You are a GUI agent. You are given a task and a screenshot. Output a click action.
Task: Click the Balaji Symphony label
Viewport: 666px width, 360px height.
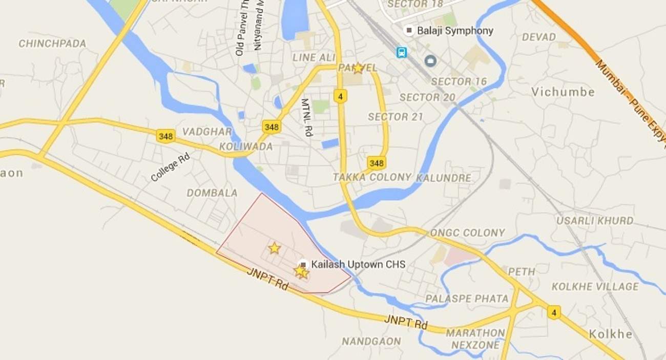tap(455, 31)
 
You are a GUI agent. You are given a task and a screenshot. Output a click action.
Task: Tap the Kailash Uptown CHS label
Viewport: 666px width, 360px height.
tap(358, 265)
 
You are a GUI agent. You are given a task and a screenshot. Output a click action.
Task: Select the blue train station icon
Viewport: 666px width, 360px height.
tap(401, 52)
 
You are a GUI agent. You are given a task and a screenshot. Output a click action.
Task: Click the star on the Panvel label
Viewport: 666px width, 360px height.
tap(358, 68)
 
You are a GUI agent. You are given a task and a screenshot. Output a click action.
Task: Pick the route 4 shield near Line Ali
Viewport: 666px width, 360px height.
tap(340, 96)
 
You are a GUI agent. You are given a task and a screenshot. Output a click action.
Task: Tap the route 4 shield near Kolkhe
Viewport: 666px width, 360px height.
tap(553, 312)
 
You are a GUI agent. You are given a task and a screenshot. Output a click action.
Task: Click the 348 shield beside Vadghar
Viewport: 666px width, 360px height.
tap(165, 136)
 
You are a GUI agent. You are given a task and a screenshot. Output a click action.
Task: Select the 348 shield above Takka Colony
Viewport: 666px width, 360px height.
tap(376, 163)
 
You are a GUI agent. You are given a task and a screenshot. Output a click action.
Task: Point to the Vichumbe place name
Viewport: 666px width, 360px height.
tap(563, 92)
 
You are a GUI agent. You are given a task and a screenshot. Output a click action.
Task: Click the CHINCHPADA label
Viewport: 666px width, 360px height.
tap(52, 44)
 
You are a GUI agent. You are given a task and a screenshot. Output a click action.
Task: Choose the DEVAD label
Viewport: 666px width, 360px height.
tap(538, 37)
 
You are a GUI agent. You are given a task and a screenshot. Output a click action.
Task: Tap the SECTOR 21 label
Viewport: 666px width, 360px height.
tap(396, 117)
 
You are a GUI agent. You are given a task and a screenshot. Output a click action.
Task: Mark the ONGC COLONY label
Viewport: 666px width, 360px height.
tap(467, 233)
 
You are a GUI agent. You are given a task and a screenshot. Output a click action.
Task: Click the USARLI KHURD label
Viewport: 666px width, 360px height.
tap(595, 221)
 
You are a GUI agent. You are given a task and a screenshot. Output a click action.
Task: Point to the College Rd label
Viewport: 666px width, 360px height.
tap(170, 167)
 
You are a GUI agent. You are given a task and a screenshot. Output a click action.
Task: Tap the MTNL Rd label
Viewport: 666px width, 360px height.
tap(306, 117)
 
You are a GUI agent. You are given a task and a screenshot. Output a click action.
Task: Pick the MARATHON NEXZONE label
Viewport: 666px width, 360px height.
tap(475, 339)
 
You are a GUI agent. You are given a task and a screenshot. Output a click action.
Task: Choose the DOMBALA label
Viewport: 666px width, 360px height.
tap(212, 193)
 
